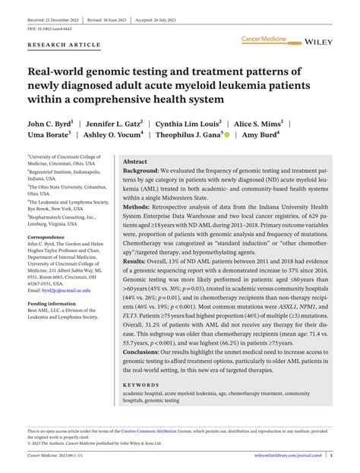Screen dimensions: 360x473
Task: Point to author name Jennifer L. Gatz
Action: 115,122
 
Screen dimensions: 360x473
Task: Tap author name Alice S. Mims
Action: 258,122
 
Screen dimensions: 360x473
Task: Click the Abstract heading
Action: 135,162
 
